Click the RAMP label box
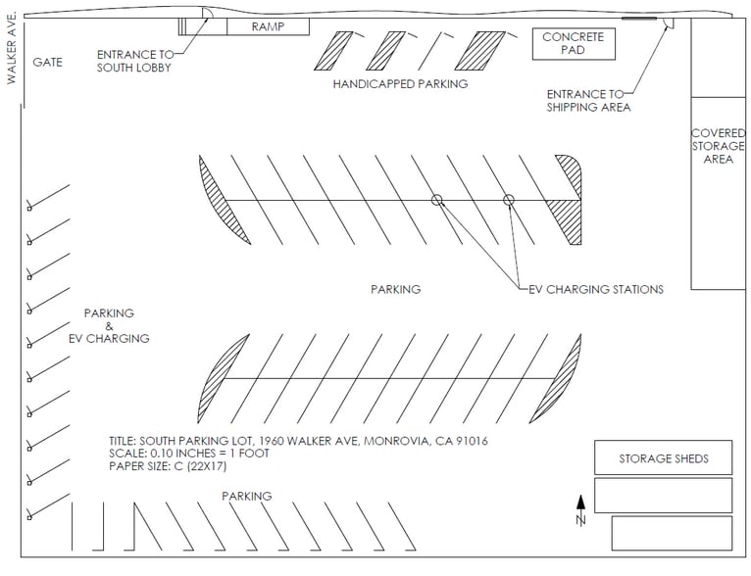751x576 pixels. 268,26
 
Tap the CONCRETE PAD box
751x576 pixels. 574,43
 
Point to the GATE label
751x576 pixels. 47,62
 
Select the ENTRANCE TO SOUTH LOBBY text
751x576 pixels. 134,61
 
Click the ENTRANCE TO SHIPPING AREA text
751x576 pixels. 588,100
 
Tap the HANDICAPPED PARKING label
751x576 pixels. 400,84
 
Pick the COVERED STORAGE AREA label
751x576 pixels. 719,146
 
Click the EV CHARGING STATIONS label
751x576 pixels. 596,289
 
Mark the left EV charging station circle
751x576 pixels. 437,200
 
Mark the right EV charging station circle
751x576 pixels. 509,200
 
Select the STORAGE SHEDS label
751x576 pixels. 663,458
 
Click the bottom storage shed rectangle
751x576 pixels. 672,533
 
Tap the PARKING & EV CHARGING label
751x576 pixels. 109,326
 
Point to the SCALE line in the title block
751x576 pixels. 189,454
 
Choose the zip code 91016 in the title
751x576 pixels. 470,441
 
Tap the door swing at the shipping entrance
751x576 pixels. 668,23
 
